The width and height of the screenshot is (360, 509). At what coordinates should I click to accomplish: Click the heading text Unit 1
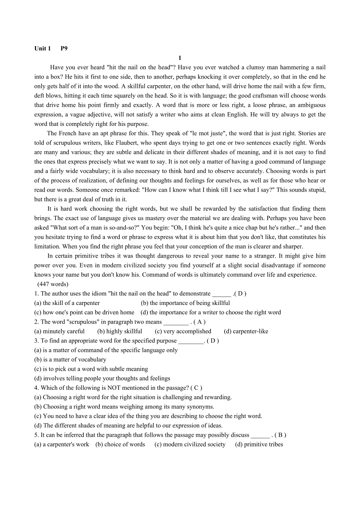tap(43, 48)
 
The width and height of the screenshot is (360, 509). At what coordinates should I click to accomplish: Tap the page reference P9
tap(64, 48)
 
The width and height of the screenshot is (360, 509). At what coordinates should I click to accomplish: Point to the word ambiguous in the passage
tap(311, 105)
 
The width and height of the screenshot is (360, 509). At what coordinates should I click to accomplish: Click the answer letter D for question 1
tap(241, 294)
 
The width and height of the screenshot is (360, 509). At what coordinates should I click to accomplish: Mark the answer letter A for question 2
tap(199, 322)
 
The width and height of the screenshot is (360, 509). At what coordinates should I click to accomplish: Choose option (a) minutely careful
tap(59, 331)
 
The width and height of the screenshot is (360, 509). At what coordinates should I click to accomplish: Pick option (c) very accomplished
tap(183, 331)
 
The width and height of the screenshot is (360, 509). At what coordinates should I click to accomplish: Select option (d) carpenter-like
tap(246, 331)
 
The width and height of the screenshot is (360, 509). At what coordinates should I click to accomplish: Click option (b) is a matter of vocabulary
tap(70, 359)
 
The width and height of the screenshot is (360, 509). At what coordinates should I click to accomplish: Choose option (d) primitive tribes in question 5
tap(259, 444)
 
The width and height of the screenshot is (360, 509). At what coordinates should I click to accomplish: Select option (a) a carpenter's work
tap(62, 444)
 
